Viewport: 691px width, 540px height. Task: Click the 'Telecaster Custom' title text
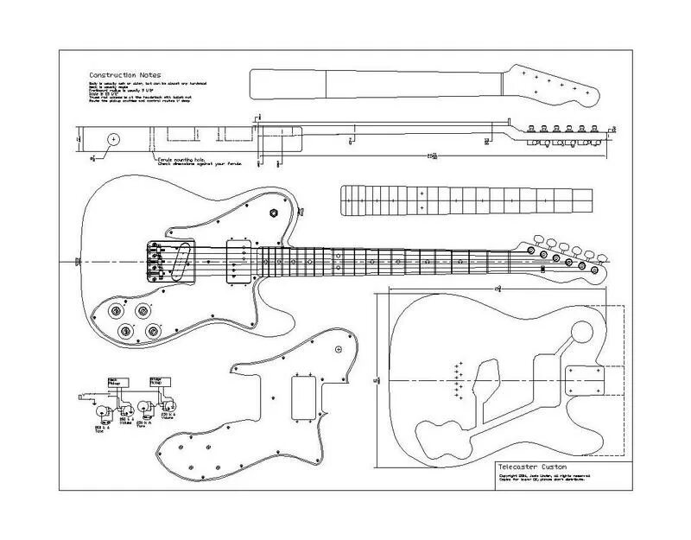tap(525, 465)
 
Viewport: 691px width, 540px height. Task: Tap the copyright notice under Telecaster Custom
tap(553, 478)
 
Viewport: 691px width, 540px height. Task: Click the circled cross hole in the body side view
tap(113, 138)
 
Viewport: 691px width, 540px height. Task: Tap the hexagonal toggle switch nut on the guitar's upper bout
tap(274, 213)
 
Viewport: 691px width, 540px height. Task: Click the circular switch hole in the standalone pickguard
tap(341, 348)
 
